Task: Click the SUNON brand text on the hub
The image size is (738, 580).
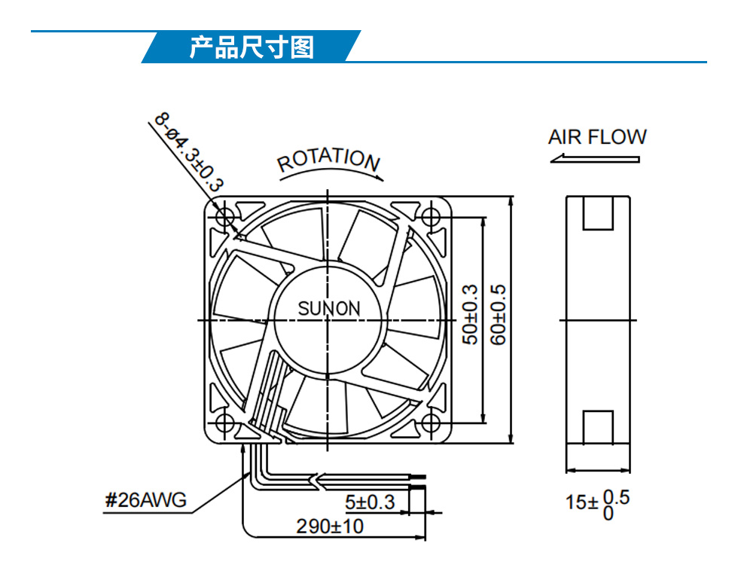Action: click(329, 308)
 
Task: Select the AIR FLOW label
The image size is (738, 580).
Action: click(597, 137)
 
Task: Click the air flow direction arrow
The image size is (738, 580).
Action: click(595, 158)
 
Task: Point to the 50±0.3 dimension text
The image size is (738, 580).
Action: click(470, 315)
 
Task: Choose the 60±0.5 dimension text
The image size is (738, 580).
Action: click(498, 315)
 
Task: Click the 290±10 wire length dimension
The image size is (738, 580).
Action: click(330, 527)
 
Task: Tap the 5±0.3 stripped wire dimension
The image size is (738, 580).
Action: click(370, 502)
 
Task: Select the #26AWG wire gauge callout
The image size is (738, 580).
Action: click(145, 500)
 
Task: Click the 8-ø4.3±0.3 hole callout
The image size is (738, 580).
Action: click(189, 151)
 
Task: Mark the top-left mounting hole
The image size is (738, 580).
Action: click(224, 217)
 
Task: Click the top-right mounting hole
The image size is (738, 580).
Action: click(430, 217)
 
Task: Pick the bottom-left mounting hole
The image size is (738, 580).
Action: click(224, 423)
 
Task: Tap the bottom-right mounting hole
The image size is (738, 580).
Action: click(430, 423)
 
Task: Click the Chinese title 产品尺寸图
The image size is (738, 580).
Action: click(252, 47)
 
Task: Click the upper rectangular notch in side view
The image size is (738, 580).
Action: click(598, 212)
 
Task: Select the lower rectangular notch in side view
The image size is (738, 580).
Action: click(598, 427)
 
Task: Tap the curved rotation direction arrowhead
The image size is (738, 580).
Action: click(378, 177)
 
